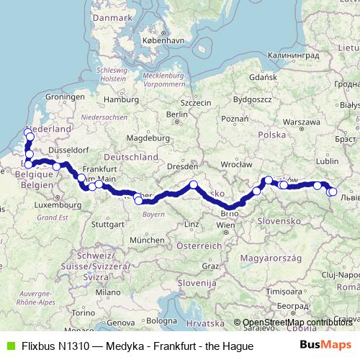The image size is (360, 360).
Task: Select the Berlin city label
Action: point(176,114)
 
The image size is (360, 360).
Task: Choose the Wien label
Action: point(225,225)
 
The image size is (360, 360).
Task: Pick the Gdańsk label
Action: point(258,76)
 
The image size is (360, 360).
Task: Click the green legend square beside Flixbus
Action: point(9,346)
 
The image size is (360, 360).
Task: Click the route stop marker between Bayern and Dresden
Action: point(194,185)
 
